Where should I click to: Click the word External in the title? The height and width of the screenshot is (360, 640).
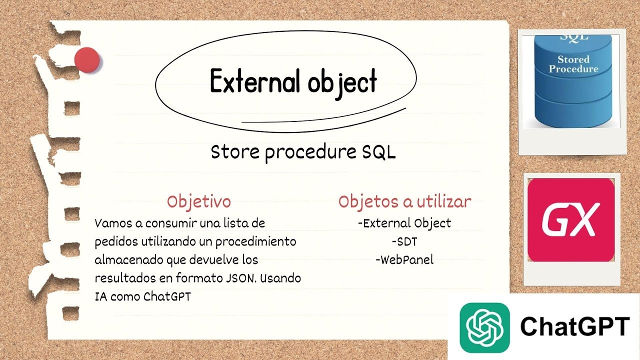coord(253,82)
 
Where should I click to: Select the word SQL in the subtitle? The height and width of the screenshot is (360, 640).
coord(378,152)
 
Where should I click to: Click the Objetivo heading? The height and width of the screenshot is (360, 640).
coord(199,201)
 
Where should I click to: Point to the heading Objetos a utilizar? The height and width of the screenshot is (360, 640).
coord(404,201)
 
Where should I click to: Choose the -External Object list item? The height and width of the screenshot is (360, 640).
coord(404,223)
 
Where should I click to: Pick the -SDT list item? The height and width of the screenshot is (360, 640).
coord(404,241)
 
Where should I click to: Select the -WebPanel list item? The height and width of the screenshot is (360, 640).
coord(404,259)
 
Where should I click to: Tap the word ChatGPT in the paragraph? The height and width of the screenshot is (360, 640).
coord(167,296)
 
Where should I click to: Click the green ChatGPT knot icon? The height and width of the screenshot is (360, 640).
coord(484,327)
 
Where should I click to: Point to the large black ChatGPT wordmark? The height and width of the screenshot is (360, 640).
coord(574,327)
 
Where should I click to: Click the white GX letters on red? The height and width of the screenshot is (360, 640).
coord(570,220)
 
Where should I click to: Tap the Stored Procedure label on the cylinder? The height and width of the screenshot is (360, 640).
coord(573,64)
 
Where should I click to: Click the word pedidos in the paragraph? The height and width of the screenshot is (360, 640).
coord(113,241)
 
